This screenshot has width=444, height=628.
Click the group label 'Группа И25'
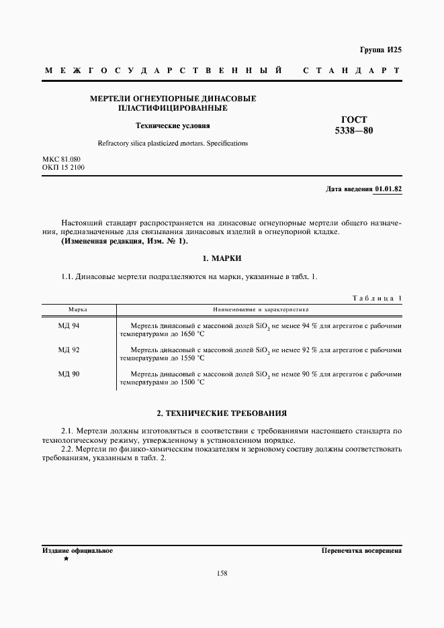380,50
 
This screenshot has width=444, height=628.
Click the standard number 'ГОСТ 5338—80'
353,125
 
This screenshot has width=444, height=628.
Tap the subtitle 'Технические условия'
173,125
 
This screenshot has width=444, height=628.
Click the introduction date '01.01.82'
388,189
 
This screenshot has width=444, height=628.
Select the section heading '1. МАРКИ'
222,258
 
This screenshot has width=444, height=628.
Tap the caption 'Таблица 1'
377,297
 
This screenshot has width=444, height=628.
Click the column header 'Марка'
78,310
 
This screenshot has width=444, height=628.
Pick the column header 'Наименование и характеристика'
261,310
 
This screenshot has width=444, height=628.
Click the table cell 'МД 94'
69,325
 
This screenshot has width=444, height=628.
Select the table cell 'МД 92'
69,350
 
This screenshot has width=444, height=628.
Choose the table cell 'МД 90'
69,374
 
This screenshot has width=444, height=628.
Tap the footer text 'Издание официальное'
77,551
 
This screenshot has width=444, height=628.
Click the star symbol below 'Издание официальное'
66,559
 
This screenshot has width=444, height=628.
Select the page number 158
222,573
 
